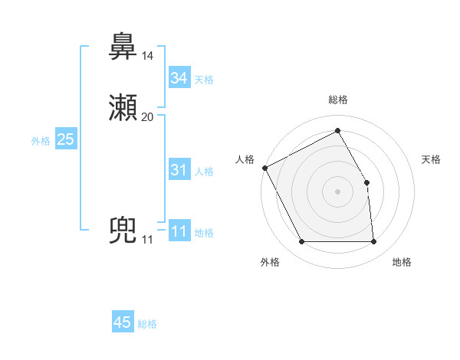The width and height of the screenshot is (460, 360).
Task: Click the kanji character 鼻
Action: [123, 47]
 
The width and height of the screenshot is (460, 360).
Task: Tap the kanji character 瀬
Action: [123, 108]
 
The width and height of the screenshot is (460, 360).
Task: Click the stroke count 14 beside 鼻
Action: [148, 56]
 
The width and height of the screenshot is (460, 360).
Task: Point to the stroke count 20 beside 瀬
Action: [148, 117]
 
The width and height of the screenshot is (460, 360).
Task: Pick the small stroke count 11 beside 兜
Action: [148, 241]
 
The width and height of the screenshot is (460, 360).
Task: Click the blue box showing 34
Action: [179, 78]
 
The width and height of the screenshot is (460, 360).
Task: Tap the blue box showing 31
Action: [179, 170]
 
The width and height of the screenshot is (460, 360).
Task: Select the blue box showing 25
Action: [66, 139]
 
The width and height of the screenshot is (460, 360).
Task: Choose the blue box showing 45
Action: [123, 322]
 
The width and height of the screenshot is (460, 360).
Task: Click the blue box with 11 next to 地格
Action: [179, 231]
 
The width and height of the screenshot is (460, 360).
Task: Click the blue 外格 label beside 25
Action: [41, 141]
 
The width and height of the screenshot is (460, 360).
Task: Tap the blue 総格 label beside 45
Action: [147, 324]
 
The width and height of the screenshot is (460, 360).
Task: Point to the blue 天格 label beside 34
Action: [204, 80]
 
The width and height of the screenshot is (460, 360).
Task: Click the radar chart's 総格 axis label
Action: [338, 100]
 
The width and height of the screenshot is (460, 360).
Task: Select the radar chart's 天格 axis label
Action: [432, 159]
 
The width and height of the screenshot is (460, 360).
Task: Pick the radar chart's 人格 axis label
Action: [245, 159]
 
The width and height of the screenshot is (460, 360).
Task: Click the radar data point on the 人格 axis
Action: [264, 168]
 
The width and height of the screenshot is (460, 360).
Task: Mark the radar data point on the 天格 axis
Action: [366, 182]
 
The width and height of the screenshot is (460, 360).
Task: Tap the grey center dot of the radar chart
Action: [338, 191]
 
